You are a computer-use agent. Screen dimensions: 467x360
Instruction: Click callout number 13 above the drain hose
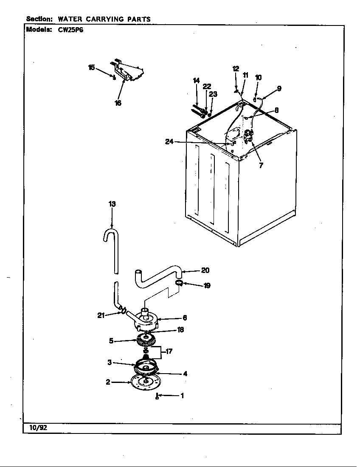[112, 204]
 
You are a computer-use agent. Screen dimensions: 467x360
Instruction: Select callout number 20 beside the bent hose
[205, 270]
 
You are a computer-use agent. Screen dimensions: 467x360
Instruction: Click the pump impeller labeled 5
[146, 340]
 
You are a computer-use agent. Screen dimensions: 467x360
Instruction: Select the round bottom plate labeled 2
[146, 382]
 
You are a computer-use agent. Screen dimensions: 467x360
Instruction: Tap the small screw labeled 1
[157, 397]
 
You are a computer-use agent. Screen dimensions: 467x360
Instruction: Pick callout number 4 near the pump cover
[185, 374]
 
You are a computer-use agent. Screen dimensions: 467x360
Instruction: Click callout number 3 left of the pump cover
[109, 362]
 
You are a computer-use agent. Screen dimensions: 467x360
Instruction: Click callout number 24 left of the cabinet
[169, 142]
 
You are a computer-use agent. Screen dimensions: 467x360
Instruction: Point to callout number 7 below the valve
[261, 166]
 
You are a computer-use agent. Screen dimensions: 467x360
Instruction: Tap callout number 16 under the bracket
[118, 103]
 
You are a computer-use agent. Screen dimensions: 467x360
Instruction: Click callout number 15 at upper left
[91, 68]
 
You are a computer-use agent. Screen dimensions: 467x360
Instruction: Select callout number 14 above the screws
[196, 80]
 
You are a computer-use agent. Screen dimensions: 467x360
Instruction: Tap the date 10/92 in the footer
[38, 428]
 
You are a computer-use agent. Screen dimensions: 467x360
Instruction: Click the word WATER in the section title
[70, 19]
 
